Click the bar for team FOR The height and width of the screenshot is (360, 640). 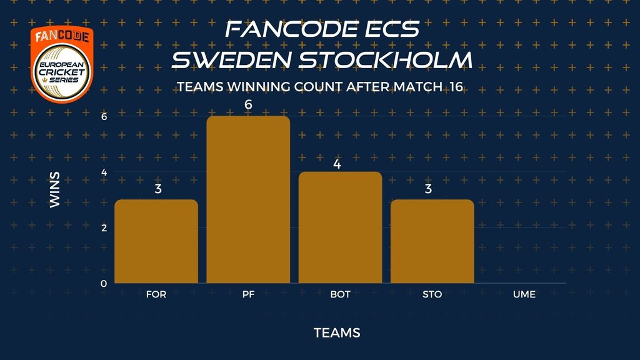[156, 241]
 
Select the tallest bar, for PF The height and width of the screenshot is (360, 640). [248, 199]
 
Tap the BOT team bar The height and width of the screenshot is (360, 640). [341, 227]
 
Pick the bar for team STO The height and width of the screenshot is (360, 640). [432, 241]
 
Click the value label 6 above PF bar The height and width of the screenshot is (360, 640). [248, 105]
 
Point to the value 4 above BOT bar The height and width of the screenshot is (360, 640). [337, 164]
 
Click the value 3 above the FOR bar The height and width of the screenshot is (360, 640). [158, 189]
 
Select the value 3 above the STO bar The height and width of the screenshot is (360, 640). [428, 189]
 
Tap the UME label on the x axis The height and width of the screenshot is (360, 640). [524, 294]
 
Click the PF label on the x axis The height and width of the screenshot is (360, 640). [248, 294]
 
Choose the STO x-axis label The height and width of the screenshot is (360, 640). [432, 294]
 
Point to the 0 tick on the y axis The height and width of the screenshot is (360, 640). [104, 284]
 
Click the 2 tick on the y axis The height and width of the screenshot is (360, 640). [104, 227]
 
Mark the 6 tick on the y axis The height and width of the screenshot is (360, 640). [104, 117]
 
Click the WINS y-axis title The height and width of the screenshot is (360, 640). [55, 190]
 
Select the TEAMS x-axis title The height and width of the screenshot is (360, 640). [337, 333]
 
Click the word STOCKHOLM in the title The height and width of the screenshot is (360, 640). [385, 59]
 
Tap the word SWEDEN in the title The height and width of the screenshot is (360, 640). [231, 59]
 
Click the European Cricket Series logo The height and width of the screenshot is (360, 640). [62, 64]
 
